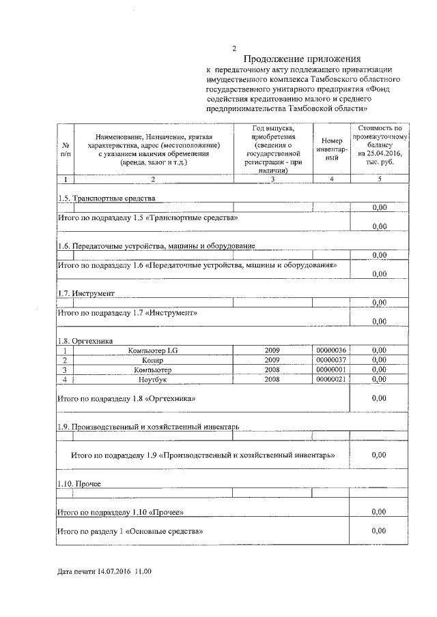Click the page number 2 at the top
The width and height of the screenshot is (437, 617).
point(234,48)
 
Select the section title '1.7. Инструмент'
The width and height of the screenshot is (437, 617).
point(86,293)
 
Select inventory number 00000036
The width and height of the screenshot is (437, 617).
point(332,350)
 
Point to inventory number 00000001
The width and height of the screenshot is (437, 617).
point(332,370)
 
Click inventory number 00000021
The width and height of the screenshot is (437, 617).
point(332,379)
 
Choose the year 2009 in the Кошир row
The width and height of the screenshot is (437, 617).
point(272,360)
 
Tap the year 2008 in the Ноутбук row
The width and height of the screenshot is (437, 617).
point(272,379)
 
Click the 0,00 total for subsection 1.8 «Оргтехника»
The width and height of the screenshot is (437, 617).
point(379,398)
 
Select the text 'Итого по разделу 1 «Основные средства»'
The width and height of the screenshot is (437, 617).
point(130,530)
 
